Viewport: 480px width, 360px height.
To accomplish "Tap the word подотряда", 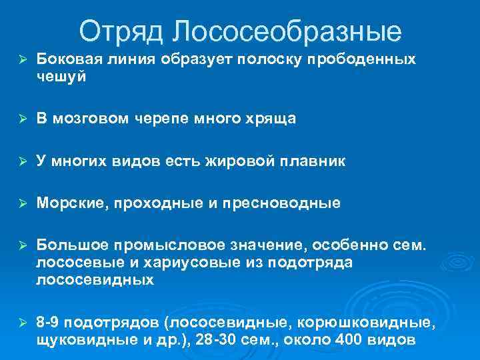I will click(313, 263).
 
